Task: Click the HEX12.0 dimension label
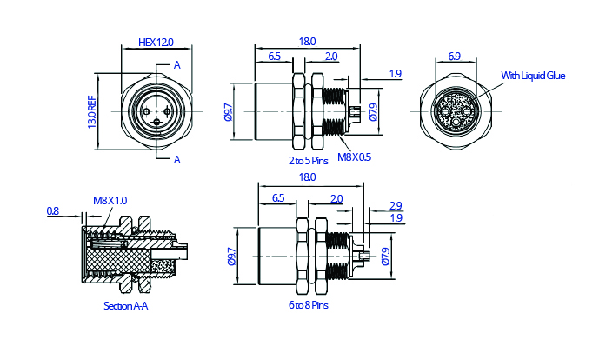point(156,42)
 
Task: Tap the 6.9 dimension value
point(454,56)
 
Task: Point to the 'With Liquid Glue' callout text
point(533,77)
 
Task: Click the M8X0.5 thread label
point(354,157)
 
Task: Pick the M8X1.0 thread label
point(110,201)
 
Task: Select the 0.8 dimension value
point(53,210)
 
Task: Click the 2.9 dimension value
point(396,205)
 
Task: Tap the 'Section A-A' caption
point(126,306)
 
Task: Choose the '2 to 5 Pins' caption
point(309,160)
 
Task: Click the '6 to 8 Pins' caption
point(309,305)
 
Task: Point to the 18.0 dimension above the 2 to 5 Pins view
point(307,41)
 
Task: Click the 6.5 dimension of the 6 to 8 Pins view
point(278,198)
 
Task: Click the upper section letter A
point(176,65)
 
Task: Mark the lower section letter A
point(176,159)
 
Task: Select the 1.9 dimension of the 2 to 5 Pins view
point(396,74)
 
